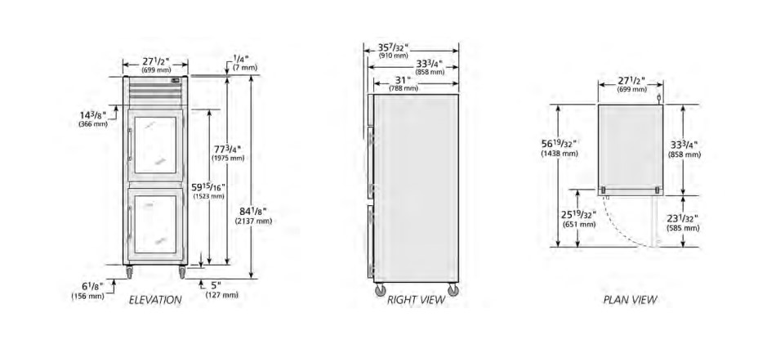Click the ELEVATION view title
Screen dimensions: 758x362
tap(155, 300)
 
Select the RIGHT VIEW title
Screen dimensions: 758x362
tap(416, 300)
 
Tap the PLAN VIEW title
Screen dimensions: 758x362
tap(631, 300)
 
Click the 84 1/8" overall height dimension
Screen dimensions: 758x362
tap(253, 216)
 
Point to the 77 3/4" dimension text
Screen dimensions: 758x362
tap(228, 153)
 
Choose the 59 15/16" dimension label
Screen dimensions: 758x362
tap(209, 191)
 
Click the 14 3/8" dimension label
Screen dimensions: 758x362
tap(93, 118)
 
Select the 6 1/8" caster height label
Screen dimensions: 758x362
tap(88, 291)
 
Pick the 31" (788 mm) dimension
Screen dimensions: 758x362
tap(404, 83)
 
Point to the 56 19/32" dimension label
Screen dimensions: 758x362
tap(560, 148)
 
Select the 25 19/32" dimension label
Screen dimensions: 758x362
tap(579, 219)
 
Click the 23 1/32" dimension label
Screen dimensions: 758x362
tap(683, 223)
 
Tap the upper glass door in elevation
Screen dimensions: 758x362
tap(155, 145)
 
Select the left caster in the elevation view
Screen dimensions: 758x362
tap(130, 273)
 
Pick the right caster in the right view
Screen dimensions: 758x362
tap(453, 289)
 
